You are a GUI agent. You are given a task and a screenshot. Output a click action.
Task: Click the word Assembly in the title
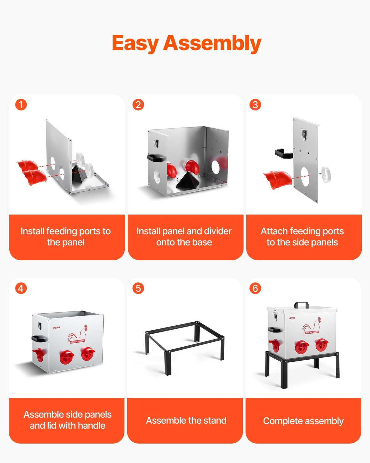coord(212,44)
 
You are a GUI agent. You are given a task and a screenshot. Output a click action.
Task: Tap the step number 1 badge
coord(21,105)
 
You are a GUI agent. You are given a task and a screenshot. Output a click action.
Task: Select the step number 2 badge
coord(138,105)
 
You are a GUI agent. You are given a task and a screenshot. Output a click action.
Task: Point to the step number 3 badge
coord(255,105)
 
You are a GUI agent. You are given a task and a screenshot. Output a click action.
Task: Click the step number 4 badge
coord(21,288)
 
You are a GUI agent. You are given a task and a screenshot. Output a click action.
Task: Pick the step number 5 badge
coord(138,288)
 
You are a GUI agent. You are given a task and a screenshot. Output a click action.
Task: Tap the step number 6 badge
coord(255,288)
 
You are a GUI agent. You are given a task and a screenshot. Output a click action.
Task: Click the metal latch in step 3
coord(304,135)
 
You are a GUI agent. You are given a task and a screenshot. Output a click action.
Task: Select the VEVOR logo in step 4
coord(56,328)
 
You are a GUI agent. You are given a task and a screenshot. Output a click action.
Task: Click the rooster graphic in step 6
coord(311,325)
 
